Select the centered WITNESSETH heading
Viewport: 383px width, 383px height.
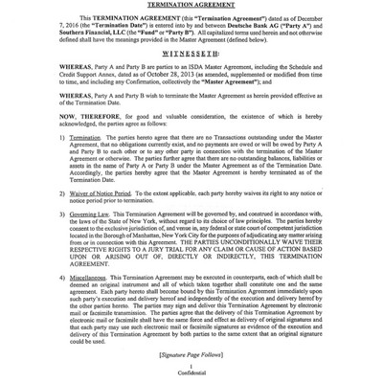(191, 54)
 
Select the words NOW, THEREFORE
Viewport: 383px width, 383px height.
(78, 119)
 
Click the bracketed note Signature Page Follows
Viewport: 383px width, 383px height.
(191, 353)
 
